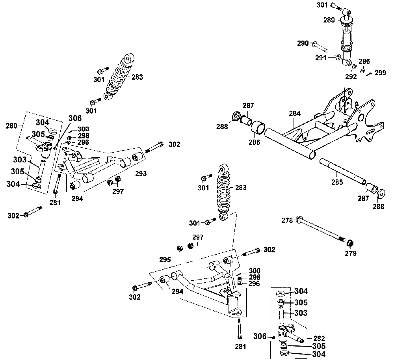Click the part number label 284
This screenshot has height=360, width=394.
(x=294, y=114)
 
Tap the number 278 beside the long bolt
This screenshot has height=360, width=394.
(x=288, y=220)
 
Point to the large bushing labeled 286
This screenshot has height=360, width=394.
(x=258, y=128)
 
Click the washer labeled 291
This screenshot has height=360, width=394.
(x=338, y=58)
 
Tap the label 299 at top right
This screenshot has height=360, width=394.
(x=380, y=73)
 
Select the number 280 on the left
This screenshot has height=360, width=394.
(x=12, y=126)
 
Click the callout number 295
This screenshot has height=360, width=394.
(x=165, y=260)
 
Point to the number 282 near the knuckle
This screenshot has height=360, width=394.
(x=318, y=338)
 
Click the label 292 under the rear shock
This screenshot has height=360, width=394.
(x=351, y=76)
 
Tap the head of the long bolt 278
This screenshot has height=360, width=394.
(x=299, y=218)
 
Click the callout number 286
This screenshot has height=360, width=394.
(x=255, y=142)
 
